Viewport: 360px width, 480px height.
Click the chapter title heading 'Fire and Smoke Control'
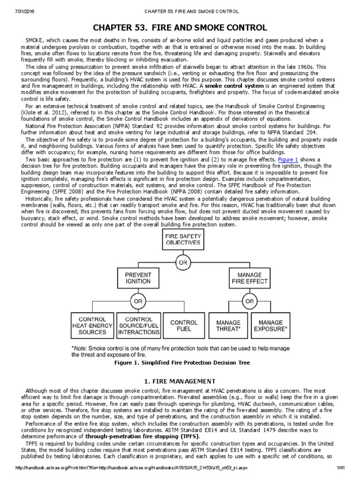click(180, 28)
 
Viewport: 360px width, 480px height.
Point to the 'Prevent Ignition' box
click(138, 277)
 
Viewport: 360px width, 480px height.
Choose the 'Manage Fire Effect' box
click(249, 277)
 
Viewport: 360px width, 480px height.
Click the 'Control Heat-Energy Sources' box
click(92, 325)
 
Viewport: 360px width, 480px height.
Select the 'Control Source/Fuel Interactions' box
click(139, 325)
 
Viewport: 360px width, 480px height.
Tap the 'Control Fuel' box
click(184, 325)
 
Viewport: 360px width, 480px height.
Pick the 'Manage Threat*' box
click(228, 325)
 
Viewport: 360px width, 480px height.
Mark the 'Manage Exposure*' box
click(270, 325)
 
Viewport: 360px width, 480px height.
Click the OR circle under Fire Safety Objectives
click(182, 262)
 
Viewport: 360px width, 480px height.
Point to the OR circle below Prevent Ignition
click(138, 301)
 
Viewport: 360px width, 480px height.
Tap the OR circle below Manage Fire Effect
click(249, 301)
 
